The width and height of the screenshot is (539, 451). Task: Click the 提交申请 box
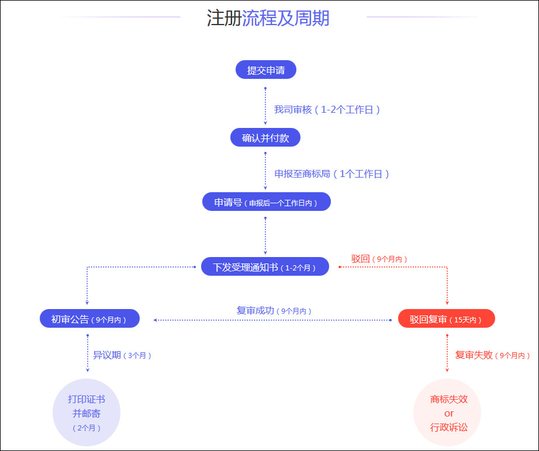pyautogui.click(x=266, y=70)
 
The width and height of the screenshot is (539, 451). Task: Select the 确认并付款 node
pyautogui.click(x=265, y=137)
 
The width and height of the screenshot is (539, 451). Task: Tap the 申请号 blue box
pyautogui.click(x=267, y=202)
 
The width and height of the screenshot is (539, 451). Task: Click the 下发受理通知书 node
pyautogui.click(x=265, y=266)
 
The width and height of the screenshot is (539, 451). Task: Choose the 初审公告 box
pyautogui.click(x=89, y=319)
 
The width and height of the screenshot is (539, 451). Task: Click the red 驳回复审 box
pyautogui.click(x=447, y=319)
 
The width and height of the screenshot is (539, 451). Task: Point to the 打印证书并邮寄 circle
pyautogui.click(x=87, y=412)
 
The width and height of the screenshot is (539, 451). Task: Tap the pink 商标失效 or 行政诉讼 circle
pyautogui.click(x=447, y=412)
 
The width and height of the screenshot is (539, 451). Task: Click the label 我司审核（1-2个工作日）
pyautogui.click(x=327, y=110)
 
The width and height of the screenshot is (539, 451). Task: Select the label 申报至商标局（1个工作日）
pyautogui.click(x=331, y=174)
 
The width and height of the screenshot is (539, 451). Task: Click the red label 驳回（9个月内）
pyautogui.click(x=379, y=259)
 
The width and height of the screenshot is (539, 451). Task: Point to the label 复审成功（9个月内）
pyautogui.click(x=274, y=311)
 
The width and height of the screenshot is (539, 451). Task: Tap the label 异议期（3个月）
pyautogui.click(x=122, y=355)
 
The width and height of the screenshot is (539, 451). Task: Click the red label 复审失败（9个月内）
pyautogui.click(x=493, y=355)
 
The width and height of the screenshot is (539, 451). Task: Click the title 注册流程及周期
pyautogui.click(x=268, y=18)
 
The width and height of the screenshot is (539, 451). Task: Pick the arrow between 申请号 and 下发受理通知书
pyautogui.click(x=265, y=236)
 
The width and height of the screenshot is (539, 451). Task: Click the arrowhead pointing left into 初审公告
pyautogui.click(x=156, y=320)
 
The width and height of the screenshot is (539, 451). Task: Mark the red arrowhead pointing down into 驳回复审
pyautogui.click(x=447, y=303)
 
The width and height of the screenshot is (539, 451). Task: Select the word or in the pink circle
pyautogui.click(x=449, y=413)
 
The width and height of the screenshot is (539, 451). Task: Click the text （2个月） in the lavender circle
pyautogui.click(x=87, y=428)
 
